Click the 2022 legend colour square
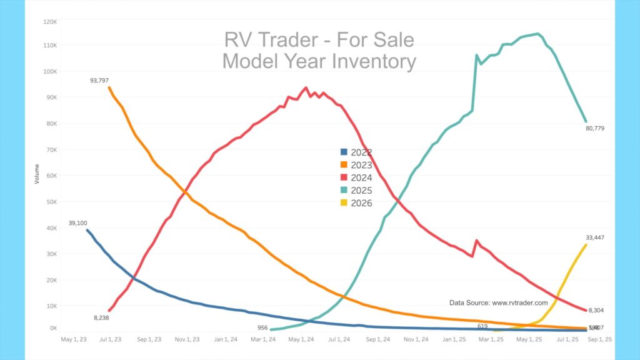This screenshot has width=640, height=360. (x=343, y=152)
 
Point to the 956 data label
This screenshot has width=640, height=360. (x=263, y=327)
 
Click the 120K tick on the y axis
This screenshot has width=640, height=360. (x=50, y=21)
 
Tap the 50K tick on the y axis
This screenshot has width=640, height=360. (x=51, y=202)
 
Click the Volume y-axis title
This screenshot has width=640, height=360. (x=37, y=174)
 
